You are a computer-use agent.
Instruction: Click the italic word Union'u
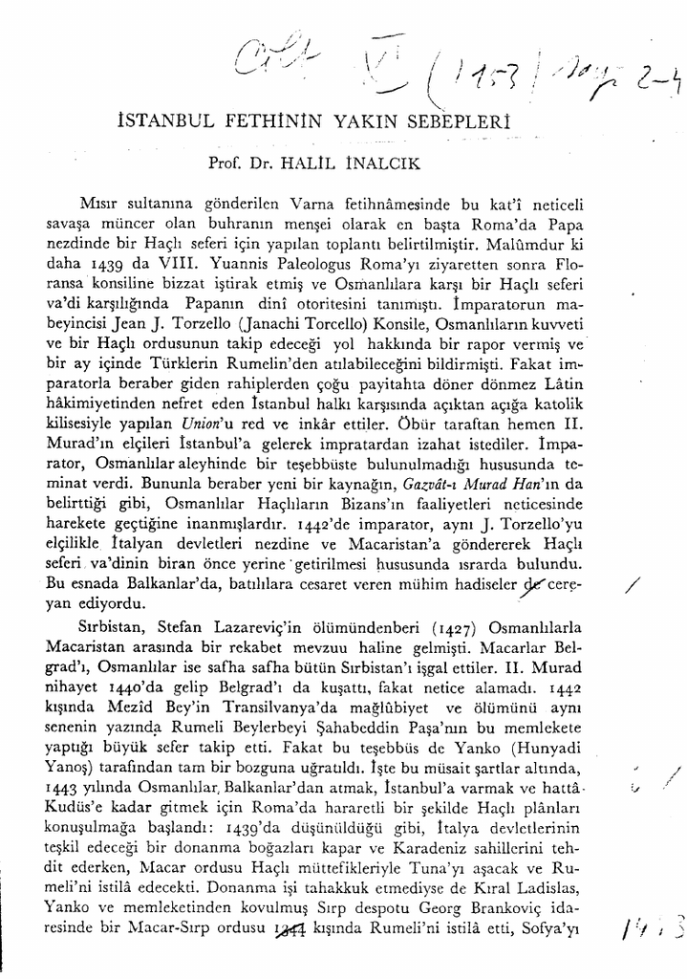click(333, 421)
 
